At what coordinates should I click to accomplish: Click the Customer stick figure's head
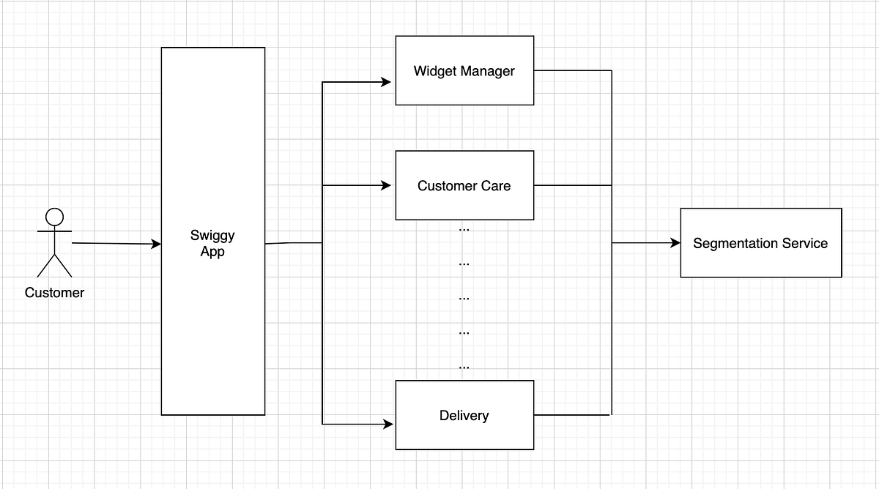[x=54, y=217]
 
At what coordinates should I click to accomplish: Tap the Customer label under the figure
[x=54, y=293]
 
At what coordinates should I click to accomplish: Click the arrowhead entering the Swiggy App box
[x=156, y=244]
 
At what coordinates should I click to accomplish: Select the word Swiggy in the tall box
[x=212, y=236]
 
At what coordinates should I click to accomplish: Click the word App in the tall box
[x=212, y=253]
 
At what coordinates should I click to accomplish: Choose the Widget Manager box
[x=464, y=70]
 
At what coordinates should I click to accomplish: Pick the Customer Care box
[x=464, y=185]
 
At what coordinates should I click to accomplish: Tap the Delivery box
[x=464, y=415]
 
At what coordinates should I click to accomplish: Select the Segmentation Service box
[x=760, y=243]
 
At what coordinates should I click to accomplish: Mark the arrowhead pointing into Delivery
[x=387, y=423]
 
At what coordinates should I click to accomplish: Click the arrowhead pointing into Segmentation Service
[x=675, y=242]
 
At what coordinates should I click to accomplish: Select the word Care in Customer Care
[x=496, y=186]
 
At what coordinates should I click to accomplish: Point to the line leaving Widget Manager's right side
[x=571, y=70]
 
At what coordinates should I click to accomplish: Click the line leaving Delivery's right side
[x=571, y=415]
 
